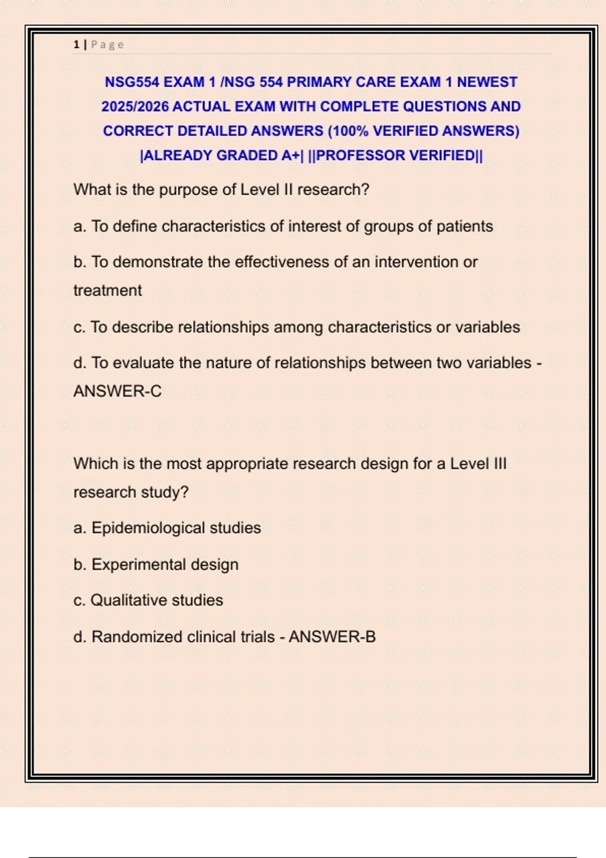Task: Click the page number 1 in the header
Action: pos(76,45)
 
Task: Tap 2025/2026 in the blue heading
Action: pos(135,106)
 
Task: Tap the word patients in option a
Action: pos(465,226)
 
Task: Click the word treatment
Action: pos(108,291)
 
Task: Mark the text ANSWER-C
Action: pos(118,391)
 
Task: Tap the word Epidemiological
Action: pos(148,528)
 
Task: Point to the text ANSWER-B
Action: pos(332,637)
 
